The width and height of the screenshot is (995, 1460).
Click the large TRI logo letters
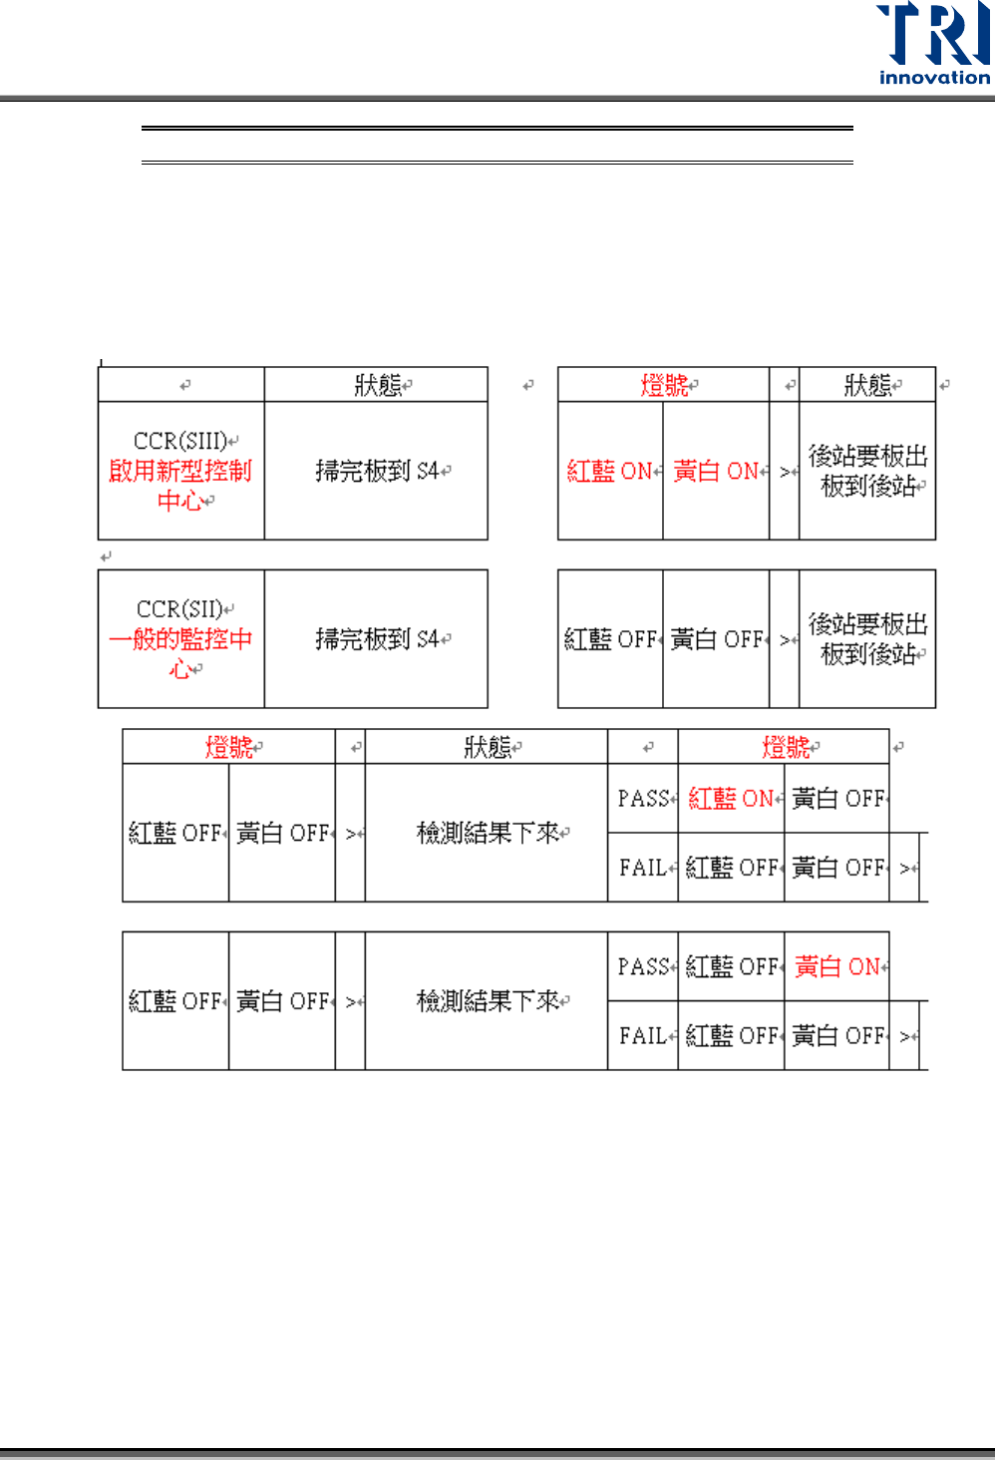pos(932,34)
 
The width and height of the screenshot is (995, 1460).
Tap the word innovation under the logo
pos(934,78)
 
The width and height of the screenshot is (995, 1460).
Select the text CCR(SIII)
pos(180,441)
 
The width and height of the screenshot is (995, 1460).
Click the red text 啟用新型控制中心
pos(180,485)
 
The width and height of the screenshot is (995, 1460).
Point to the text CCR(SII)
pos(180,609)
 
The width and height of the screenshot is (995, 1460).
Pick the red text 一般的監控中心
pos(180,653)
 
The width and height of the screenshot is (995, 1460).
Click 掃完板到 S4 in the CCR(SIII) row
pos(377,471)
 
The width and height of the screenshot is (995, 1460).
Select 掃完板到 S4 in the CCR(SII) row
pos(377,639)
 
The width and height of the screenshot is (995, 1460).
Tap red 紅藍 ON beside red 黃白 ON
pos(609,471)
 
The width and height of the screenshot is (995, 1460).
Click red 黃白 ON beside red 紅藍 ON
pos(716,471)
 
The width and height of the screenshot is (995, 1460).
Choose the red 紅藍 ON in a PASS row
pos(731,799)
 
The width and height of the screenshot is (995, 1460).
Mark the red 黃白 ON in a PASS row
pos(837,967)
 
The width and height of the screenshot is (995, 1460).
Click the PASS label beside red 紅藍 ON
pos(643,799)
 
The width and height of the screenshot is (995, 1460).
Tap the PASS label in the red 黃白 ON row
pos(643,967)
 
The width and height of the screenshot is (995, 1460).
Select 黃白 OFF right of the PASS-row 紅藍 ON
pos(837,799)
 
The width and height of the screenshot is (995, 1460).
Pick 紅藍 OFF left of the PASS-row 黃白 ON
pos(731,967)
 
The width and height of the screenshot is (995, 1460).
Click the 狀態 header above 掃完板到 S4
pos(378,385)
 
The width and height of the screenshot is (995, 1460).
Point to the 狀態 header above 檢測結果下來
pos(488,747)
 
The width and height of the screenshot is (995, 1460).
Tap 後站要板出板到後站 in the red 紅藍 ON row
pos(867,471)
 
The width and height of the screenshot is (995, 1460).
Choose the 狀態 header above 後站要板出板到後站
pos(867,385)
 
